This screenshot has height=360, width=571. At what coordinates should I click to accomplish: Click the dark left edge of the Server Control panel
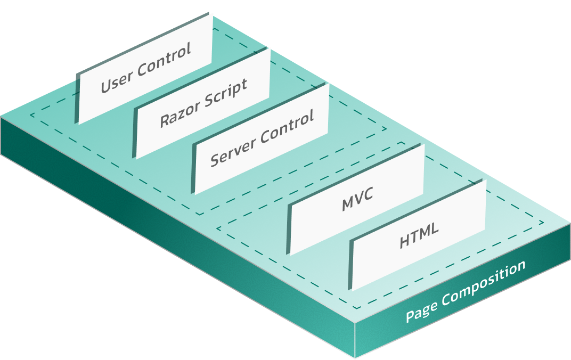coord(193,170)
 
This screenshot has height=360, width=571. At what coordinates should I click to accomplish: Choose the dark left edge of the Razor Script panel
coord(135,134)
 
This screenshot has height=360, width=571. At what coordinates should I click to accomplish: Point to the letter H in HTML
coord(404,243)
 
